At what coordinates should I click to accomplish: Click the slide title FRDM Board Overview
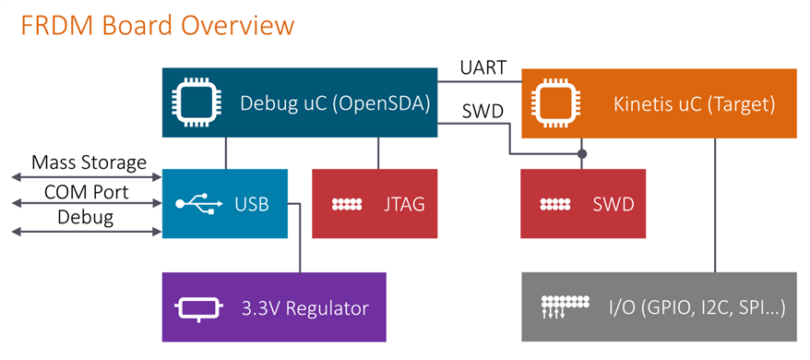point(158,26)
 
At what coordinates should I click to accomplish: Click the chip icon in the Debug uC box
point(197,102)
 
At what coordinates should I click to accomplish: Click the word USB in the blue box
point(252,204)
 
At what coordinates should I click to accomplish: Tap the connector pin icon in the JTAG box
point(347,204)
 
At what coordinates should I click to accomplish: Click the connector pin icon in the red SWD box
point(554,204)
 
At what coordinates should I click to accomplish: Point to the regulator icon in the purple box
point(199,309)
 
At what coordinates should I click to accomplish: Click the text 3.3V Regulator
point(304,308)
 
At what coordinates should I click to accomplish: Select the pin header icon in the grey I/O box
point(565,306)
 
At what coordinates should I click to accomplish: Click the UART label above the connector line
point(483,67)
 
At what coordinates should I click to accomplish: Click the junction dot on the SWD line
point(582,153)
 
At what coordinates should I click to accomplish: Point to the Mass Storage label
point(89,163)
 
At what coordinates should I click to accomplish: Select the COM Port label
point(87,192)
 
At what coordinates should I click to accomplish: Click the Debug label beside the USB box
point(85,217)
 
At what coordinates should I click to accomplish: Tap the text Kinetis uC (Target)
point(695,104)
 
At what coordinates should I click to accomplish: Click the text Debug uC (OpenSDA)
point(335,103)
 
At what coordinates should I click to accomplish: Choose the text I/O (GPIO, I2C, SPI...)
point(697,308)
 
